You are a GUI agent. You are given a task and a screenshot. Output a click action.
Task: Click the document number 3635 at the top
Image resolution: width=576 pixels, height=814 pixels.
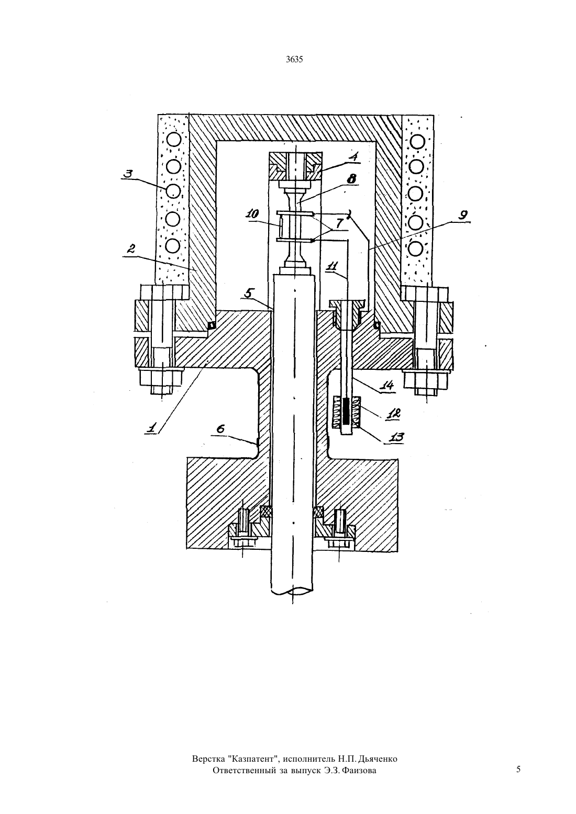(x=294, y=60)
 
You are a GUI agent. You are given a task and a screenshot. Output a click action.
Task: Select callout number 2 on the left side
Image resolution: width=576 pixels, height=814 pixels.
(x=131, y=248)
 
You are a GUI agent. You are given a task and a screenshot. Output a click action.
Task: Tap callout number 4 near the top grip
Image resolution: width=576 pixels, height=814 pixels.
(x=353, y=156)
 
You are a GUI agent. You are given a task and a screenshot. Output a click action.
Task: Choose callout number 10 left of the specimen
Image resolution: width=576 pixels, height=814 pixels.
(x=252, y=214)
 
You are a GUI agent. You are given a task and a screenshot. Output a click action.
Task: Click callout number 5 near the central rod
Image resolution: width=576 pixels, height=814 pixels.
(x=249, y=293)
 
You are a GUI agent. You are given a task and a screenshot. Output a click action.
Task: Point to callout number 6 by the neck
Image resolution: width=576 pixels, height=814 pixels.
(x=220, y=429)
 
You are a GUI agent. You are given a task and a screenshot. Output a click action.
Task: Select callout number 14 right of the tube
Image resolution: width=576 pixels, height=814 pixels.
(x=387, y=385)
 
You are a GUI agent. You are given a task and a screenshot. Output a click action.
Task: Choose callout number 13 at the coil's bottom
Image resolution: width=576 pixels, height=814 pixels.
(x=396, y=437)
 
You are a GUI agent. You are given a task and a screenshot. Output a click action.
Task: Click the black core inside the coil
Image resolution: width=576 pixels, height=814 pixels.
(x=346, y=412)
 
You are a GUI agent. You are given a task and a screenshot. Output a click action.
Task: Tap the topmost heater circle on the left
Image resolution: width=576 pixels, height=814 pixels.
(x=173, y=139)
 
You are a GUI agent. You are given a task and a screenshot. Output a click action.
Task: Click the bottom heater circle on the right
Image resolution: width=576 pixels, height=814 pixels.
(x=416, y=249)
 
